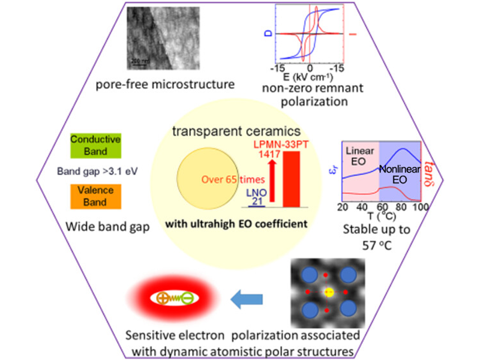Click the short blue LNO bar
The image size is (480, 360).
pos(256,205)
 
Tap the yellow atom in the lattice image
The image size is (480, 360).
pos(328,293)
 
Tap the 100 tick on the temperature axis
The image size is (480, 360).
pos(420,207)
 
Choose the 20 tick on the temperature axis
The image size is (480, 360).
pos(343,207)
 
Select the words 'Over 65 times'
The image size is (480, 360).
pos(209,178)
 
